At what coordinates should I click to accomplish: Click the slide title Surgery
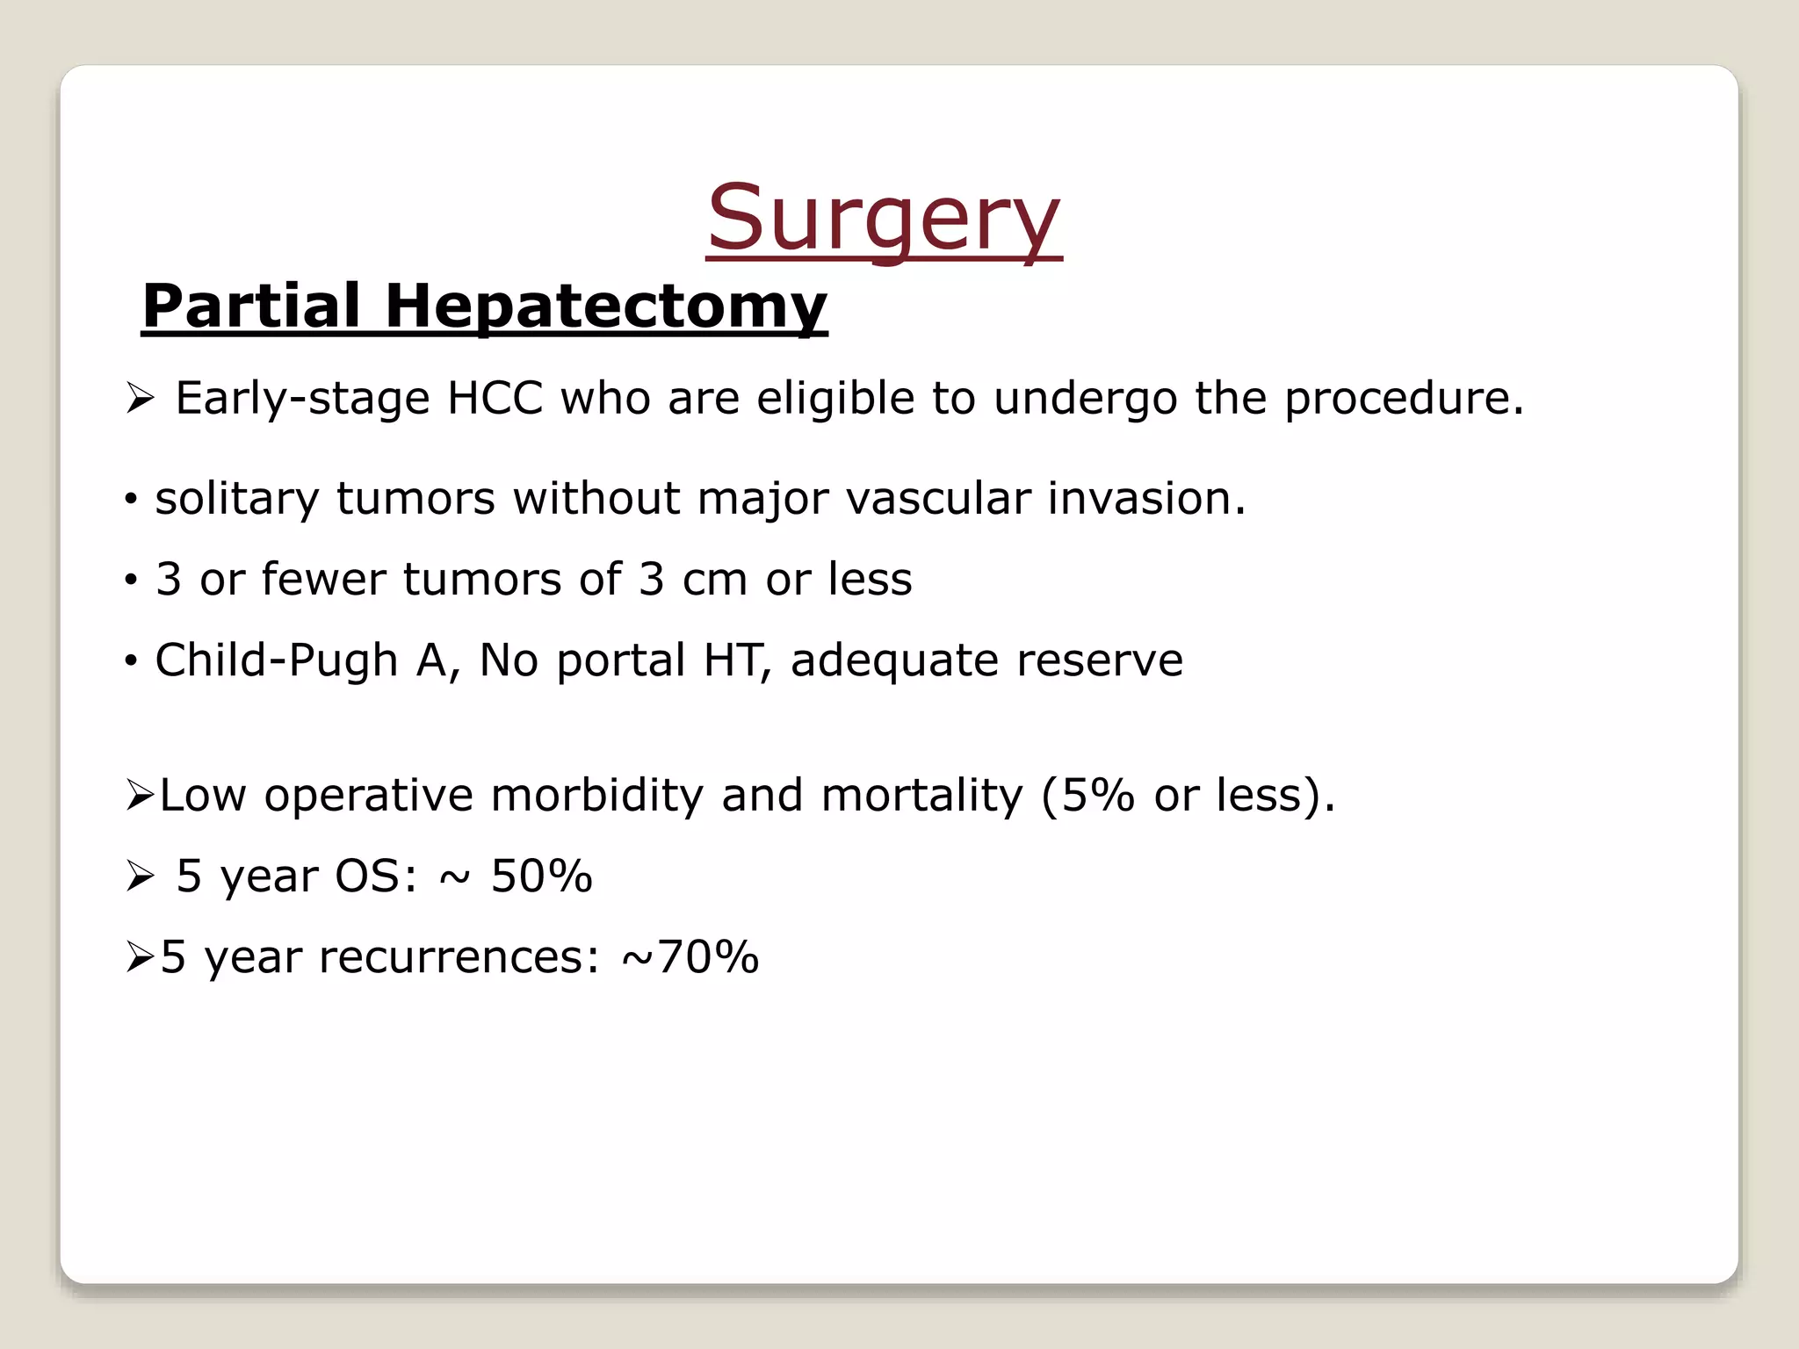point(884,218)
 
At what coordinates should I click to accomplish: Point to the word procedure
point(1403,400)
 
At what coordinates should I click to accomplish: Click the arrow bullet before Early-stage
point(140,400)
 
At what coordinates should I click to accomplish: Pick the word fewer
point(323,579)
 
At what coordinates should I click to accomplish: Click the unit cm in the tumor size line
point(714,580)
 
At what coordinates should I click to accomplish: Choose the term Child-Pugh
point(276,660)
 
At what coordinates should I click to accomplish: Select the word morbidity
point(596,795)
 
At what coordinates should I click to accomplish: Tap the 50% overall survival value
point(541,876)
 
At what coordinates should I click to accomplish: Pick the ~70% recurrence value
point(690,956)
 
